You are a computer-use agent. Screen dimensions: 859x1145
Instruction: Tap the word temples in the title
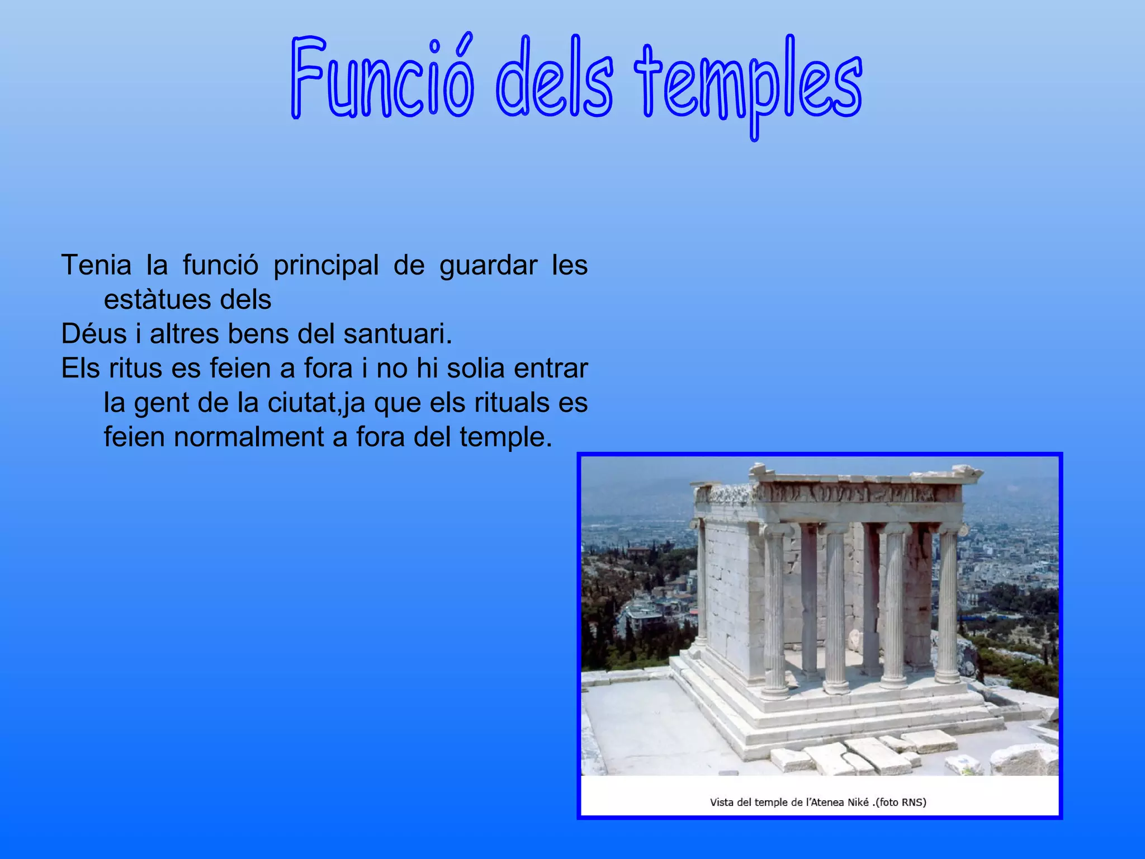point(749,84)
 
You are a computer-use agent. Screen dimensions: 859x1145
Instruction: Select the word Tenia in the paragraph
point(96,265)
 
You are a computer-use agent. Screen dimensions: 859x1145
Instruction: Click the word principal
point(326,266)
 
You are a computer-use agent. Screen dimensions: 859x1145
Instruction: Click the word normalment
point(249,437)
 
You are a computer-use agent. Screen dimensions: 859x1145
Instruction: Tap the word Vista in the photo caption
point(722,803)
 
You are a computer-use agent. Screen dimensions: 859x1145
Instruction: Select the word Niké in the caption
point(858,803)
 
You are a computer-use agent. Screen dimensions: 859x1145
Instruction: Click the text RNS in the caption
point(912,803)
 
